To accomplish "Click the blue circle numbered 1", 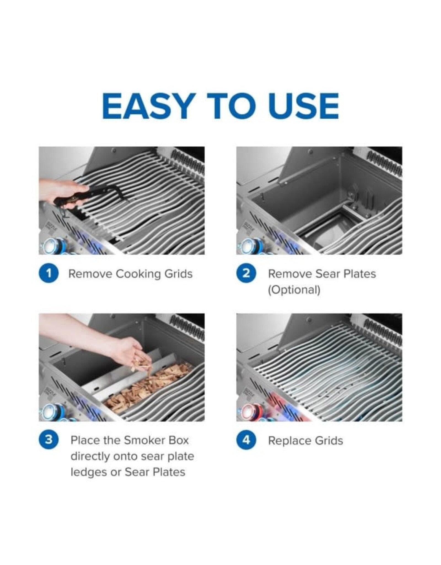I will click(x=49, y=274).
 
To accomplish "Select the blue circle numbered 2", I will click(x=246, y=274).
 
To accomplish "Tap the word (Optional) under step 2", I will click(x=294, y=290).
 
